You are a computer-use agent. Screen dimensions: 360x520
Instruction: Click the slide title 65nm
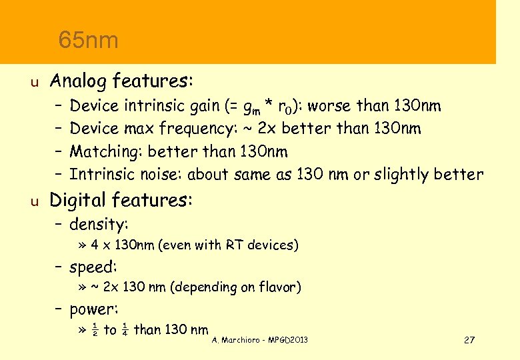(x=88, y=40)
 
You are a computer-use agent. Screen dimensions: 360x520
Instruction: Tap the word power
(x=93, y=310)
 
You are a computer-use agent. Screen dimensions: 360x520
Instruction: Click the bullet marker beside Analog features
(x=37, y=83)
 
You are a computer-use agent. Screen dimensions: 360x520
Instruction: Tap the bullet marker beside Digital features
(x=37, y=201)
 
